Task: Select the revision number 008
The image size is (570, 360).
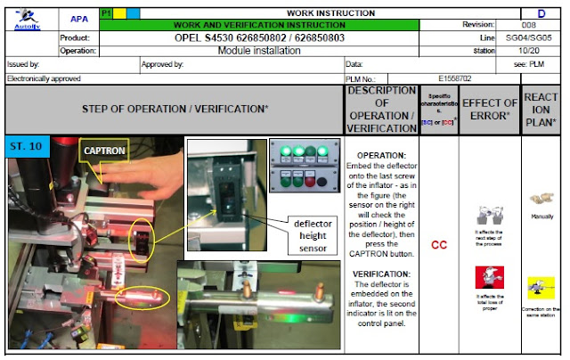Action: click(528, 25)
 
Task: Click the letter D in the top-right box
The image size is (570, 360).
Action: click(540, 13)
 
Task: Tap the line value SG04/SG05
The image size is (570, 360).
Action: click(529, 38)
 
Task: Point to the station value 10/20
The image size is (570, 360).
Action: click(528, 51)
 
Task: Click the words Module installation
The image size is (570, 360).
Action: click(258, 51)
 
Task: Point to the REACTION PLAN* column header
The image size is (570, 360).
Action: click(540, 110)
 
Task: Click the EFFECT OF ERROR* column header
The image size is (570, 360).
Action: click(490, 110)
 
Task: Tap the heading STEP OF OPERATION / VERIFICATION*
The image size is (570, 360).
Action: click(175, 110)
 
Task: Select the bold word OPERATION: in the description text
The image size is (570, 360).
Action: click(381, 156)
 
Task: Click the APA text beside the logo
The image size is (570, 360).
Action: click(78, 18)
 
